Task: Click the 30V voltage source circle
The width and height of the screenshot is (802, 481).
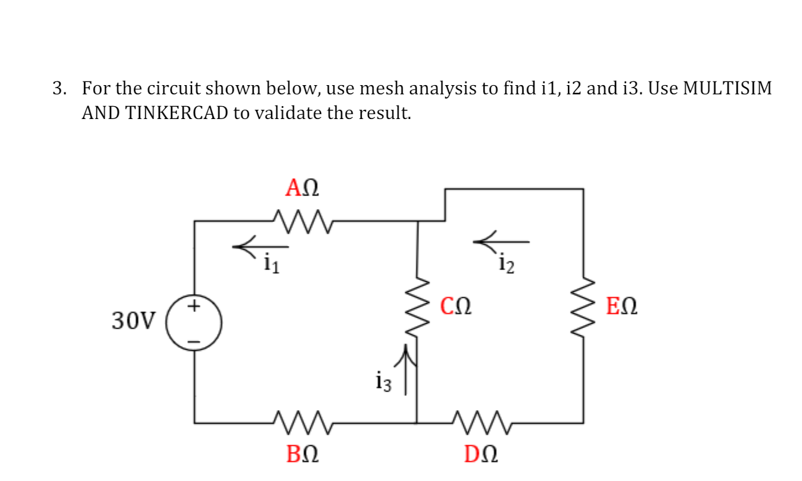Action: coord(194,323)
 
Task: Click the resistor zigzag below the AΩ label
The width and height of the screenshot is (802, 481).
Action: coord(302,217)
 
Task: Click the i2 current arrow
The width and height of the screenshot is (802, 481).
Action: coord(501,240)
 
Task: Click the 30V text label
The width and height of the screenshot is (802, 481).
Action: coord(134,321)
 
